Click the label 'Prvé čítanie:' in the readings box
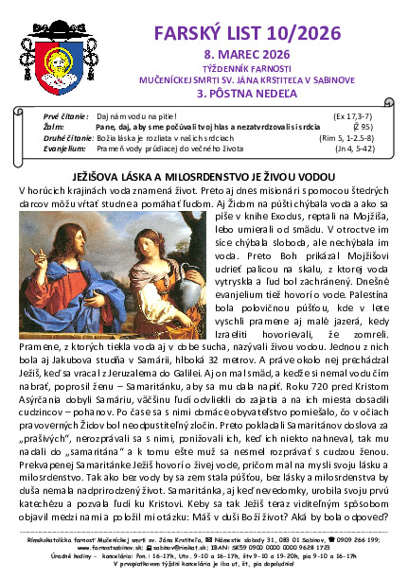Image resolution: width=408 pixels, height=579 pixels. tap(66, 114)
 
